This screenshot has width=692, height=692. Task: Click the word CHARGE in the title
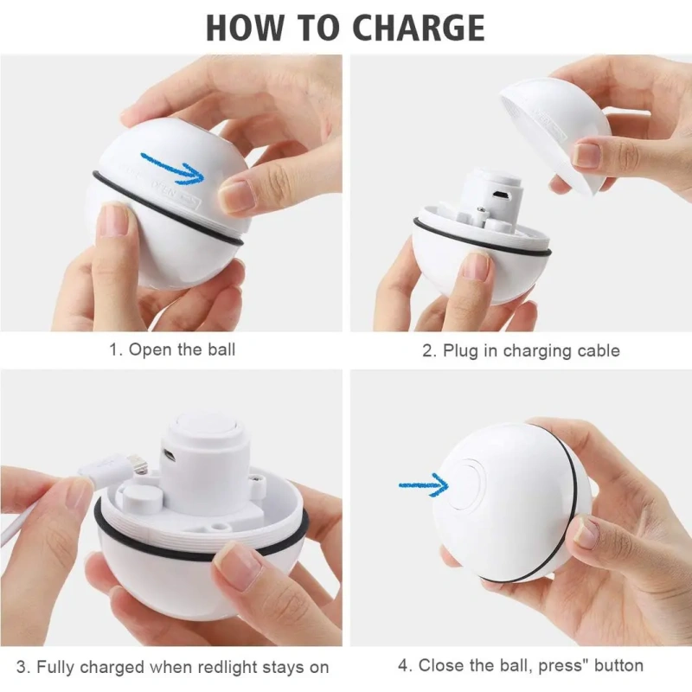pyautogui.click(x=419, y=28)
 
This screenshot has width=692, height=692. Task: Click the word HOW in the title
pyautogui.click(x=245, y=28)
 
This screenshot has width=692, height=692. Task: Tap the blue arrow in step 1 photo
pyautogui.click(x=172, y=168)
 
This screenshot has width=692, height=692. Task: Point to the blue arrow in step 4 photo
pyautogui.click(x=424, y=485)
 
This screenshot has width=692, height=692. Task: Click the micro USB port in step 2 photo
pyautogui.click(x=501, y=195)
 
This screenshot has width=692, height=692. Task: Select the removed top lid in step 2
pyautogui.click(x=555, y=135)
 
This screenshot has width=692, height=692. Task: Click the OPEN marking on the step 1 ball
pyautogui.click(x=163, y=189)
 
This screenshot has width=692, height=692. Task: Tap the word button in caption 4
pyautogui.click(x=618, y=665)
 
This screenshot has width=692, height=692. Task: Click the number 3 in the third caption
pyautogui.click(x=22, y=667)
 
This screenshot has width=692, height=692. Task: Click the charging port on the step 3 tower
pyautogui.click(x=170, y=456)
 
